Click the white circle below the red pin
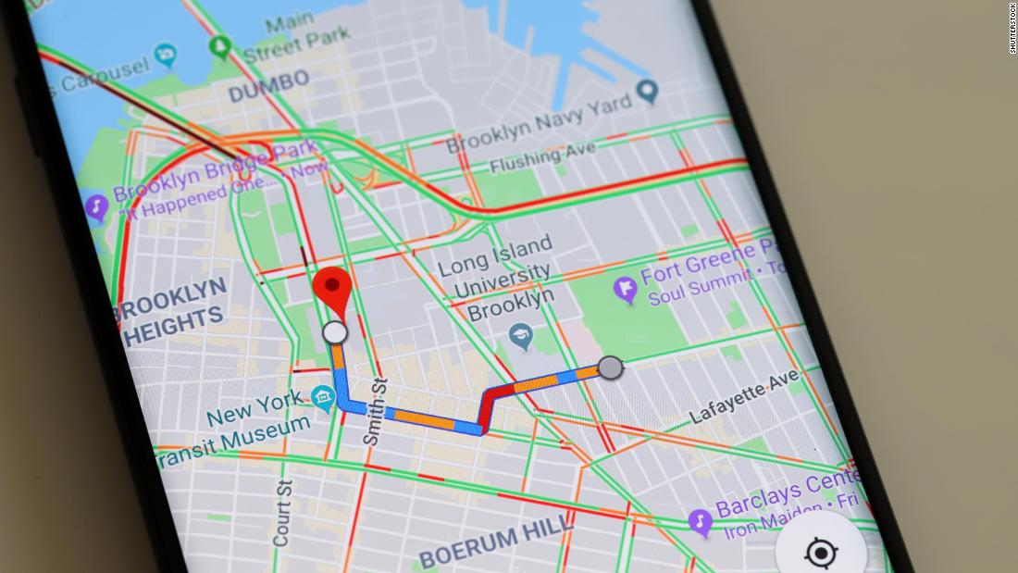click(334, 332)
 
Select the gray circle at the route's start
click(610, 367)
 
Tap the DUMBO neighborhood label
click(268, 86)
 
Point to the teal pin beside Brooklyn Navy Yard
click(649, 91)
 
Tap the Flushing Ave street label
click(537, 160)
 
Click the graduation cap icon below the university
click(521, 337)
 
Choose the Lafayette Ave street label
click(745, 395)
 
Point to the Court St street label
click(282, 511)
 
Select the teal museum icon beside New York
click(323, 399)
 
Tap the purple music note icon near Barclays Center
click(701, 523)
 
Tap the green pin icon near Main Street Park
click(219, 45)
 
